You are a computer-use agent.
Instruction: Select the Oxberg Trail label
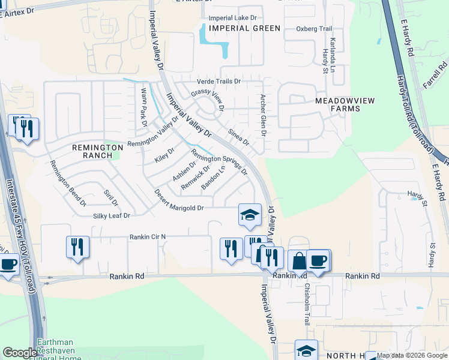click(x=314, y=29)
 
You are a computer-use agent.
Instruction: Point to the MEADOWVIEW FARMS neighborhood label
click(x=346, y=105)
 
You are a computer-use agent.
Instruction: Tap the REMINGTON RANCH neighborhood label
click(x=92, y=151)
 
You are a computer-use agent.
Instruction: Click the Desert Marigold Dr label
click(x=179, y=200)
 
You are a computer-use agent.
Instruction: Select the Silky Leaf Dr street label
click(x=112, y=215)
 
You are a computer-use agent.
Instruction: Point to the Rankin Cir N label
click(x=147, y=237)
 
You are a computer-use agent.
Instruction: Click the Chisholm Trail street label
click(x=307, y=304)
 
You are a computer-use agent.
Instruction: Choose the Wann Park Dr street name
click(x=143, y=107)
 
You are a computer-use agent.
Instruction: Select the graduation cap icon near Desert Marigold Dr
click(x=250, y=214)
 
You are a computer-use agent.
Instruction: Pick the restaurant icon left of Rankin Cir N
click(x=77, y=246)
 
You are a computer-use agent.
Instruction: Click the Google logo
click(x=19, y=353)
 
